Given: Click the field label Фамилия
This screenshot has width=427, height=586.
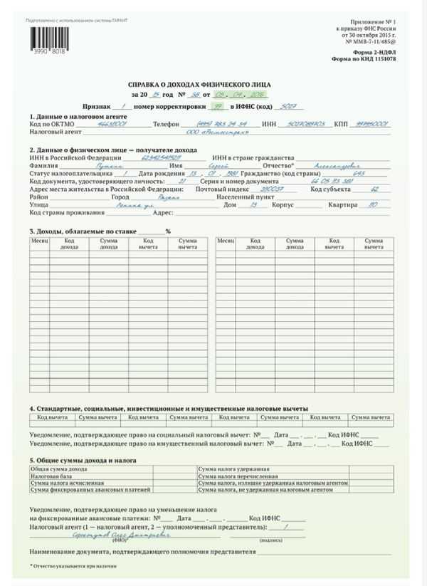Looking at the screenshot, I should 43,164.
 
